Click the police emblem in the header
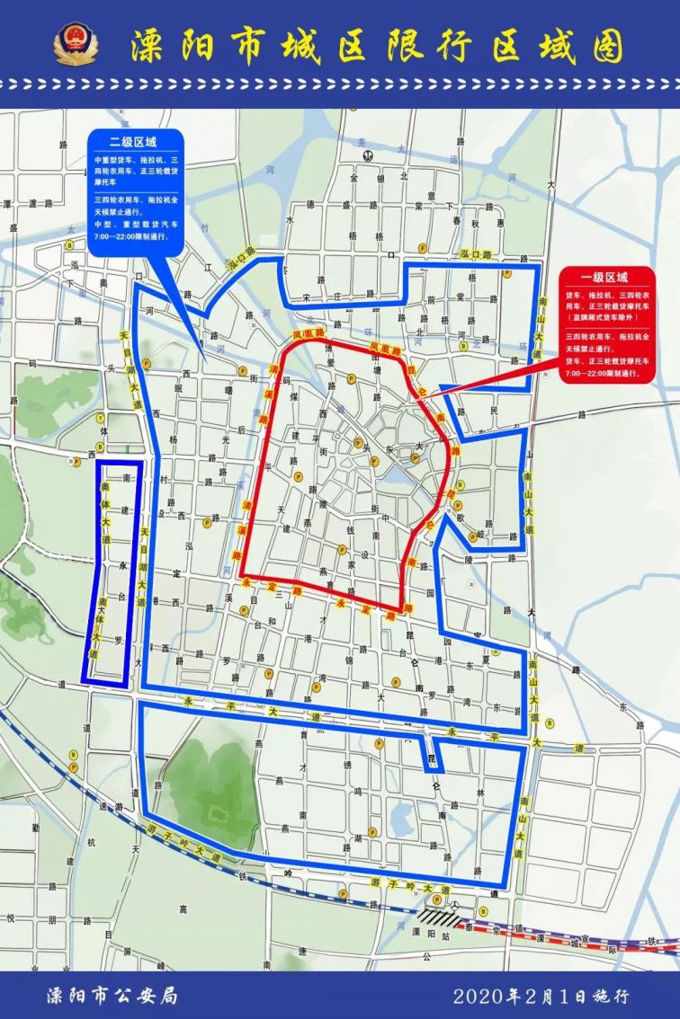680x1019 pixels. point(76,42)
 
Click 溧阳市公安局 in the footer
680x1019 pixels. point(112,995)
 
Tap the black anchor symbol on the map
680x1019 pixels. point(367,155)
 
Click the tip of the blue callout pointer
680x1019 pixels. point(205,364)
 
